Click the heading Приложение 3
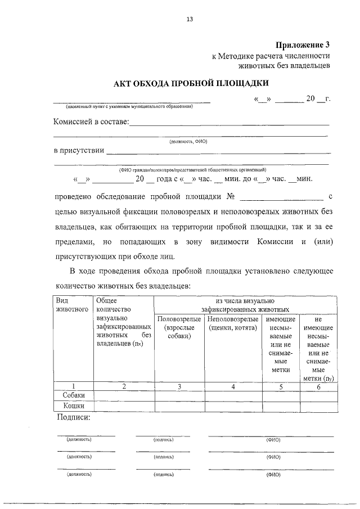pos(302,45)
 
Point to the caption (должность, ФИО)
pos(189,142)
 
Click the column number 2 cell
pos(124,386)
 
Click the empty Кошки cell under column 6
pos(318,406)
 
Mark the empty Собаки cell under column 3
pos(179,395)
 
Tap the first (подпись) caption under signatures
pos(163,439)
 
